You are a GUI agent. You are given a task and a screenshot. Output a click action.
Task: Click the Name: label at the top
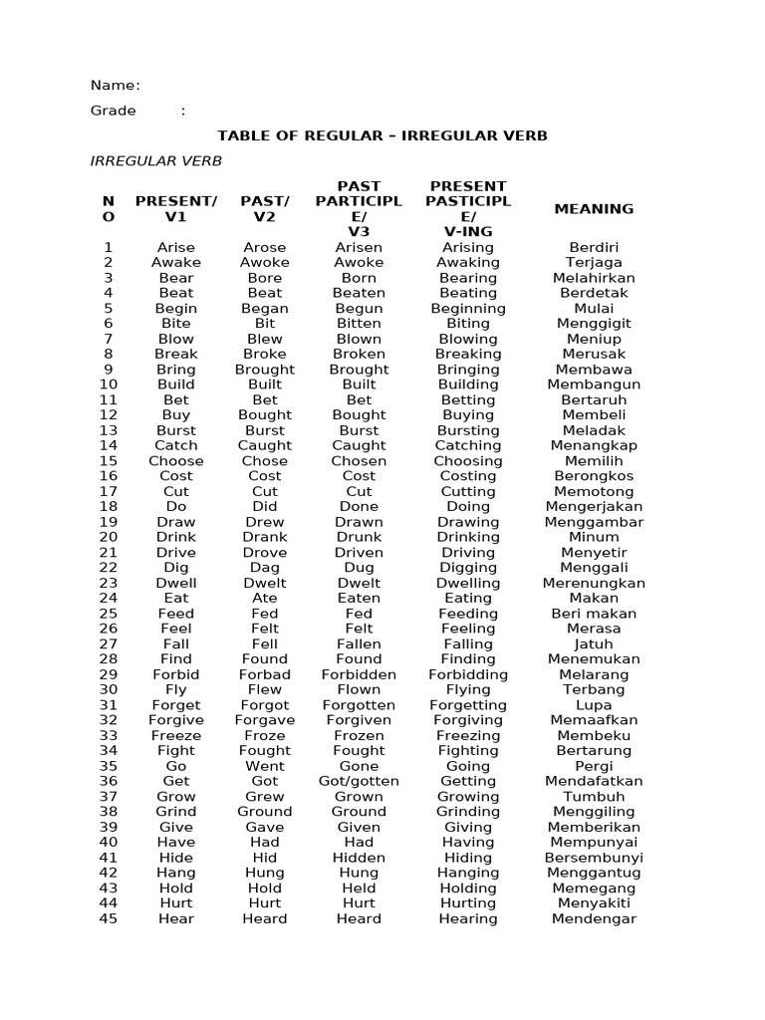116,86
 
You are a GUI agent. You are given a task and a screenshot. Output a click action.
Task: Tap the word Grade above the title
114,111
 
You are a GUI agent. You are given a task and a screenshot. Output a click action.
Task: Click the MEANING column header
594,209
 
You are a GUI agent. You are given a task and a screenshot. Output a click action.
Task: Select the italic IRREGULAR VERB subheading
156,160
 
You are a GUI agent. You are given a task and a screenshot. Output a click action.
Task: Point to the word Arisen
359,247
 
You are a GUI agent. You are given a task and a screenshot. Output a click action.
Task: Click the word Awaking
468,263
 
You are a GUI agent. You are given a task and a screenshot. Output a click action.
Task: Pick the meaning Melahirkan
594,278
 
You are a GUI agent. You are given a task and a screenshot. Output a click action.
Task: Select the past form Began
265,309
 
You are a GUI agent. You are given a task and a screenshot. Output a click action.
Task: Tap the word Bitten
359,324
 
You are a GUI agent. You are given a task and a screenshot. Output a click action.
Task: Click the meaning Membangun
594,384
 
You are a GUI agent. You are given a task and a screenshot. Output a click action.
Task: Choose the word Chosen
359,461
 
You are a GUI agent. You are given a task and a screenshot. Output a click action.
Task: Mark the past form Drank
265,537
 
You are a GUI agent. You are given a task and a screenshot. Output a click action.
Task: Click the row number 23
109,583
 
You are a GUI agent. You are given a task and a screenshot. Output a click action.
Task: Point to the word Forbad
265,674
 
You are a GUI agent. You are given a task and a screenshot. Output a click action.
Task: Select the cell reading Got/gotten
359,781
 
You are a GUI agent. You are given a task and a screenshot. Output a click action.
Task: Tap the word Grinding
468,812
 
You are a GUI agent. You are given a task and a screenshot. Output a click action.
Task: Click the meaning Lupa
594,705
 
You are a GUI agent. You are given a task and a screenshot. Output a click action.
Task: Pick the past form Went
265,766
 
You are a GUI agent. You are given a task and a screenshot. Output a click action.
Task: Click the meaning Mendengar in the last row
594,918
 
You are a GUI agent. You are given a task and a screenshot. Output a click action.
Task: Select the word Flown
359,689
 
